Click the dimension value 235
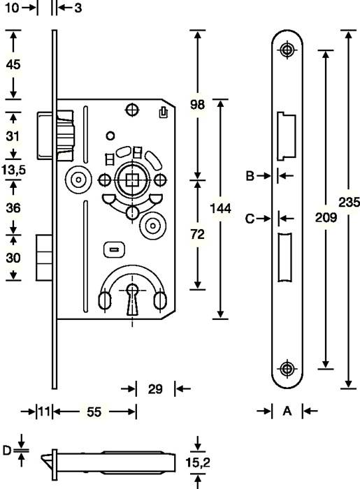tap(349, 203)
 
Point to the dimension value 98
tap(198, 105)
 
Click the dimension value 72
tap(198, 235)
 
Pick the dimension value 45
tap(13, 64)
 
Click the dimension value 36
tap(13, 207)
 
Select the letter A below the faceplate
tap(287, 411)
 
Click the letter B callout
tap(249, 176)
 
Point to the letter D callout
tap(7, 451)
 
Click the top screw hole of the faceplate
tap(287, 50)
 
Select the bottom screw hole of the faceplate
tap(287, 368)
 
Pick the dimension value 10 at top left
tap(10, 8)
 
